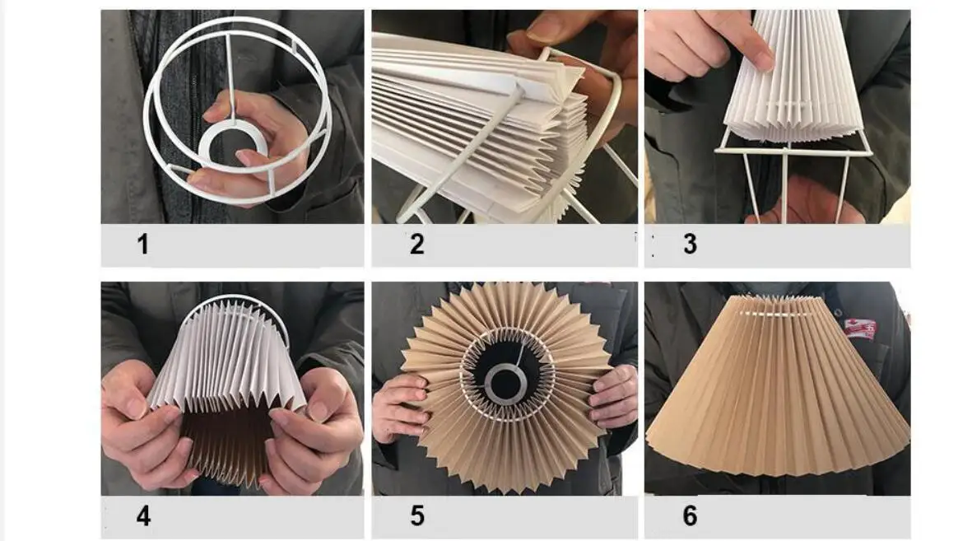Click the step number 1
pos(143,244)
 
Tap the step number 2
pos(417,244)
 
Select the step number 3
pos(690,244)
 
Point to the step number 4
pos(143,515)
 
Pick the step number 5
pos(417,515)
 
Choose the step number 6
pos(690,515)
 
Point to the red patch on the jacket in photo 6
pos(860,328)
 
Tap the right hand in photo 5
pos(615,397)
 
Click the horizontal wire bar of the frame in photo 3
pos(793,151)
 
